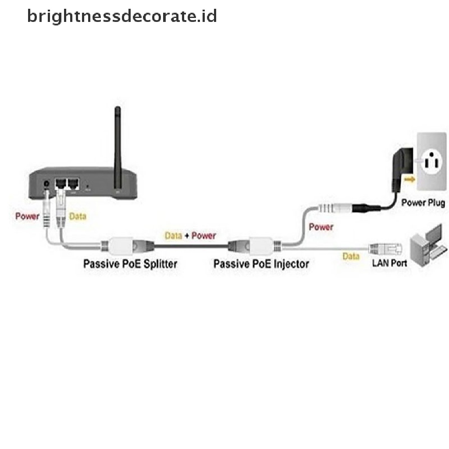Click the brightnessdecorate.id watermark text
click(x=122, y=16)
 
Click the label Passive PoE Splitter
click(x=130, y=264)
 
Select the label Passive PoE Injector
click(x=261, y=264)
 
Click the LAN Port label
click(x=389, y=263)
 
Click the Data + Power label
click(x=190, y=235)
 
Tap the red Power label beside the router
click(x=27, y=216)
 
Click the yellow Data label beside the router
click(x=78, y=216)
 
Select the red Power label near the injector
click(x=321, y=227)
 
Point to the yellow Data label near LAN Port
click(x=351, y=256)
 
